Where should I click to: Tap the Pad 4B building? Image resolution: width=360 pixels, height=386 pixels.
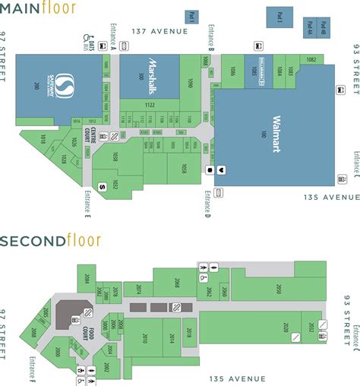pyautogui.click(x=309, y=29)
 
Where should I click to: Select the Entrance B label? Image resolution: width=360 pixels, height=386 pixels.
pyautogui.click(x=212, y=42)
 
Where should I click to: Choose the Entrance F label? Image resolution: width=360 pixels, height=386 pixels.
pyautogui.click(x=30, y=366)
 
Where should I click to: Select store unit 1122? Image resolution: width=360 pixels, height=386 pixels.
pyautogui.click(x=150, y=104)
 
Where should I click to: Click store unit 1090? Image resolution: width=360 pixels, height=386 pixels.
pyautogui.click(x=191, y=81)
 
